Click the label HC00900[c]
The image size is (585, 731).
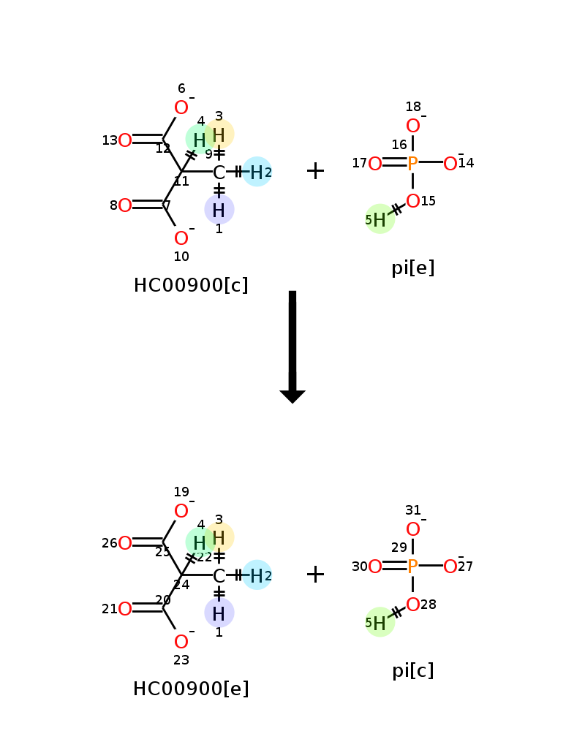(191, 285)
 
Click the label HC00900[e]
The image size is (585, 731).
(191, 689)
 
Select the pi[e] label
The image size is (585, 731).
(412, 268)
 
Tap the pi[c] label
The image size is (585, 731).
(412, 670)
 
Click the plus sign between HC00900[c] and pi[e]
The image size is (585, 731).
(315, 171)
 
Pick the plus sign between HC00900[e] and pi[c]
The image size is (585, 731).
(315, 575)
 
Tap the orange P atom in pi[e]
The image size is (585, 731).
(412, 164)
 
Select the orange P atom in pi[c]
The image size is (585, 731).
(412, 567)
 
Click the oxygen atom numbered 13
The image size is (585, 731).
(125, 140)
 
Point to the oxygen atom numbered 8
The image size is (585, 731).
(125, 205)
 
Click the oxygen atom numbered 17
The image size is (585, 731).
(375, 164)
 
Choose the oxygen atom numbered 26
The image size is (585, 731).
(125, 543)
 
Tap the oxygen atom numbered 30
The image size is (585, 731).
(375, 567)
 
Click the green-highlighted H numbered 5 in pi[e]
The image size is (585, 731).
(380, 219)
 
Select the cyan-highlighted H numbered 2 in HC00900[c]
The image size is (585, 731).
(257, 173)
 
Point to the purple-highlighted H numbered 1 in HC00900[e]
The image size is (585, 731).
(219, 614)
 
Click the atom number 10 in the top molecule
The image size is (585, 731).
(181, 257)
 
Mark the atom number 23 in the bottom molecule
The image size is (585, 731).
(181, 660)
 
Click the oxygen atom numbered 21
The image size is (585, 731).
(125, 609)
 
